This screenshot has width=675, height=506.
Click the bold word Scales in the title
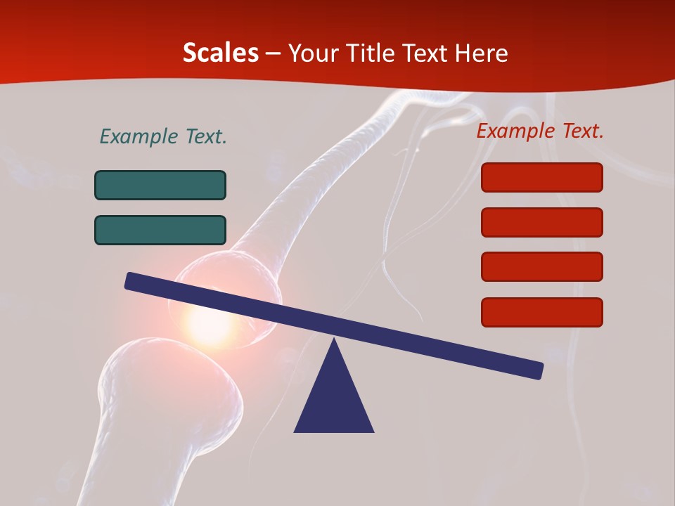(220, 53)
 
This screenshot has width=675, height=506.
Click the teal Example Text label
(163, 136)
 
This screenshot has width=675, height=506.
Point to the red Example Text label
(540, 131)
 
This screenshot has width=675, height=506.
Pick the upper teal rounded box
(160, 185)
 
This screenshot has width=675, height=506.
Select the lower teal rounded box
(160, 230)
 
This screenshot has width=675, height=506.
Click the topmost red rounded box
(542, 177)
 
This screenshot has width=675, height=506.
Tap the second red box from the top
(542, 222)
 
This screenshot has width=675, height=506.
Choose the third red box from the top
(542, 266)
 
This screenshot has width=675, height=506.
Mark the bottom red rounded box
(542, 312)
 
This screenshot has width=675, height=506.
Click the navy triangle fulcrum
(334, 401)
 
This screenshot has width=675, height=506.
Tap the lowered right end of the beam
(536, 370)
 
